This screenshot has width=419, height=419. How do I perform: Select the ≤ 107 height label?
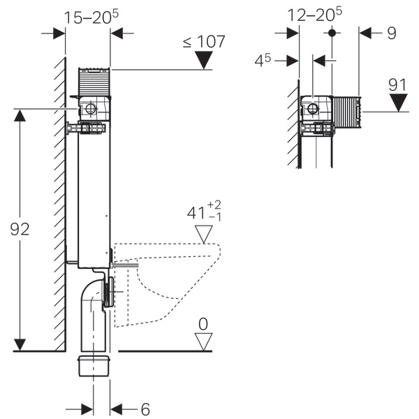pos(204,41)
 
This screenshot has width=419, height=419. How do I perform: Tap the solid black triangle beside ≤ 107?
pos(204,60)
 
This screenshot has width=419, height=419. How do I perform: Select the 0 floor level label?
pos(203,323)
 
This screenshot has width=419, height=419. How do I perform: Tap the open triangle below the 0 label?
pos(203,341)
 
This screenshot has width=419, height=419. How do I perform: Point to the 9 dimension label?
pos(392,31)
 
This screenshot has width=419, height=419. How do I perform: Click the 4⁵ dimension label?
pos(263,61)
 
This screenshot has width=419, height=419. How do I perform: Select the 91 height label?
pos(398,84)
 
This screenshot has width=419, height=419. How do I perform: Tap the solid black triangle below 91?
pos(398,103)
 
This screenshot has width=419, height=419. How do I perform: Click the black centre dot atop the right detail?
pos(332,32)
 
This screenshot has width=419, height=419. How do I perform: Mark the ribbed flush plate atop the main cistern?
pos(94,82)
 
